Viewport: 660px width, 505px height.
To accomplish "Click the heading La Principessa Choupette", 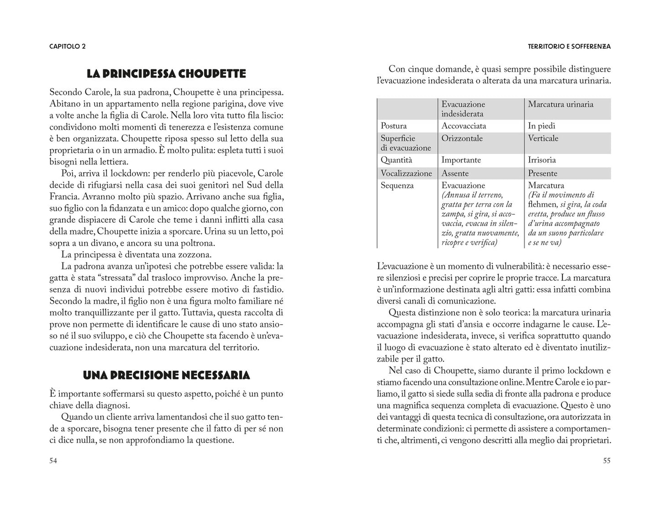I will [166, 74].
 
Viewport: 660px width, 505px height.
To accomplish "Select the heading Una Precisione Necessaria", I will [166, 375].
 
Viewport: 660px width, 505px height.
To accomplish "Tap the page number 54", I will [53, 461].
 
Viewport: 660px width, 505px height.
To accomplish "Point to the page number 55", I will [606, 461].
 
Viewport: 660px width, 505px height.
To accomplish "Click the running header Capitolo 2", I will [68, 46].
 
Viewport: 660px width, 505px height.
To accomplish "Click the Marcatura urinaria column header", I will [560, 104].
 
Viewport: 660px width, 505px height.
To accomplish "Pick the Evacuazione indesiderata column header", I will [463, 109].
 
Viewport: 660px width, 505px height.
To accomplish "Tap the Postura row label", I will [393, 126].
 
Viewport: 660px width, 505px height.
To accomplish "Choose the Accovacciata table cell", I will [464, 126].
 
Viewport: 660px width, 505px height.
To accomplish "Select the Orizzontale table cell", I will [462, 138].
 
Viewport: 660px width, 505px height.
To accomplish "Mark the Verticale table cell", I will [543, 138].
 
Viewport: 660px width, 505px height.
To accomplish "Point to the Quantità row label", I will [396, 160].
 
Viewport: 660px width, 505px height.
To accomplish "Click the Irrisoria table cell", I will [542, 160].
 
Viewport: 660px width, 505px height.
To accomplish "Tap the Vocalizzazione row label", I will [406, 174].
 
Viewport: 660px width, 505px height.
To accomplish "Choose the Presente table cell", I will [543, 174].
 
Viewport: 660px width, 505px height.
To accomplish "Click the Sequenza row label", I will [397, 186].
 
